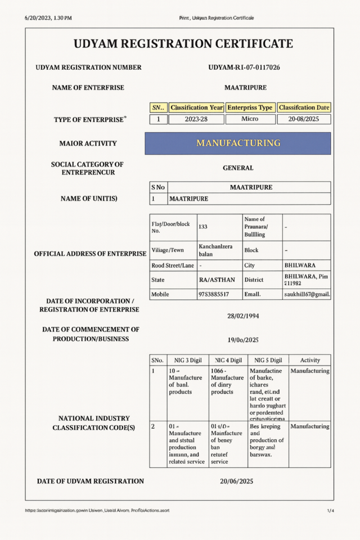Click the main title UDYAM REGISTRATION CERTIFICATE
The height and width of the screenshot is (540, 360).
pos(183,44)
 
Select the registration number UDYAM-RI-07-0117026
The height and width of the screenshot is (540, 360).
pos(244,67)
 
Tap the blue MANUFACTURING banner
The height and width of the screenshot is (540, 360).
pos(238,143)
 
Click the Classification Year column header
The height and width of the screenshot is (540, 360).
pos(196,107)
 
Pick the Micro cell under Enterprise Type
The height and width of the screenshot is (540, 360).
pos(250,119)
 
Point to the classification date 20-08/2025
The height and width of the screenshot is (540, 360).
pos(304,119)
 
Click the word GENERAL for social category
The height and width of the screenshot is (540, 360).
pos(238,168)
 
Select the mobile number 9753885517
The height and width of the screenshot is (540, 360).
pos(214,294)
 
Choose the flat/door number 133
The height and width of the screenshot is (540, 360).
pos(203,226)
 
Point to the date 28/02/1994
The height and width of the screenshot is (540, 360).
pos(243,316)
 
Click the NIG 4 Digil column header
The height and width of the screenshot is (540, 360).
pos(228,360)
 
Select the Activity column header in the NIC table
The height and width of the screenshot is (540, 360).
pos(310,360)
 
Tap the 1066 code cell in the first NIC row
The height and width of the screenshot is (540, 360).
pos(228,382)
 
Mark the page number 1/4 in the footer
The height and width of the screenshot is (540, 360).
pos(331,510)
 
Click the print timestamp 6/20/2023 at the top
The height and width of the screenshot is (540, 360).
pos(48,18)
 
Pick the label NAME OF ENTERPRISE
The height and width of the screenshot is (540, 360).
pos(88,88)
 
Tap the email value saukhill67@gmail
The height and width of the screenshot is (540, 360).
pos(307,294)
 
